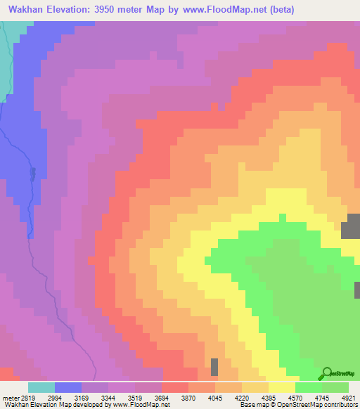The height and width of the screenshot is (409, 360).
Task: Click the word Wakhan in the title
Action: click(x=28, y=10)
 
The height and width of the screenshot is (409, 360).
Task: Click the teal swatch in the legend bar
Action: click(x=41, y=387)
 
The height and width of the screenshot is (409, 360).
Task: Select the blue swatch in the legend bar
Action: click(x=68, y=387)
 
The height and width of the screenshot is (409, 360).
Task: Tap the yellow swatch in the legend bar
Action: click(x=282, y=387)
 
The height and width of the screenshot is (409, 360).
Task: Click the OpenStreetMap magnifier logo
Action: click(x=327, y=374)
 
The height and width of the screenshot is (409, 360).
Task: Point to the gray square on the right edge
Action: click(x=350, y=229)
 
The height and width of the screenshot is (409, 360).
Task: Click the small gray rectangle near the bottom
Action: click(x=214, y=367)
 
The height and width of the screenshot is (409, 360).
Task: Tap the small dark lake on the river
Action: click(x=32, y=173)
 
